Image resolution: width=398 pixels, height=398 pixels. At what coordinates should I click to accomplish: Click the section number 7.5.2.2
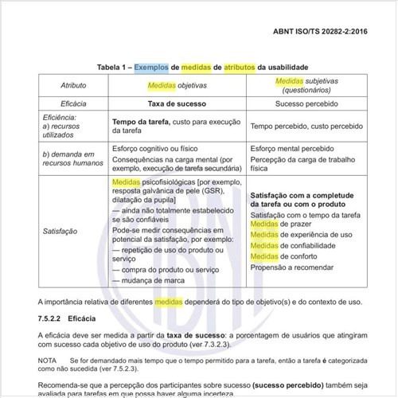click(x=49, y=317)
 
